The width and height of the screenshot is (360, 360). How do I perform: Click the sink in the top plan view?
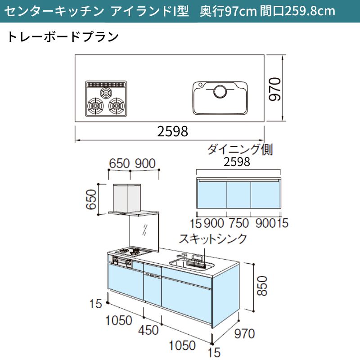(x=220, y=98)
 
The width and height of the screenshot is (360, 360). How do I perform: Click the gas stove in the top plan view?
(x=106, y=99)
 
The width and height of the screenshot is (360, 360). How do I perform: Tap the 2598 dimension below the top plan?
(x=173, y=131)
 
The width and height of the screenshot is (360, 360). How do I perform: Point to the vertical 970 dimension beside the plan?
(x=275, y=89)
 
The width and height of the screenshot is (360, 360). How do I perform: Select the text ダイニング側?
(x=240, y=149)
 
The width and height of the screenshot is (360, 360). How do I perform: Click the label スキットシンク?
(x=213, y=239)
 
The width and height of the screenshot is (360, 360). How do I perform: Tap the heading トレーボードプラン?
(x=63, y=37)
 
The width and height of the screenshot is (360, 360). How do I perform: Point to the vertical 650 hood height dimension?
(x=91, y=199)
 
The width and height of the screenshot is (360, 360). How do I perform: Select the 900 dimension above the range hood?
(x=145, y=163)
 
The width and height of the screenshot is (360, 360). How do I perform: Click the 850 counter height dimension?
(x=262, y=286)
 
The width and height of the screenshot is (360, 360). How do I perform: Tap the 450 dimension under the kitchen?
(x=148, y=330)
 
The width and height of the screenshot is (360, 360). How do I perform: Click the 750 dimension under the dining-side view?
(x=239, y=223)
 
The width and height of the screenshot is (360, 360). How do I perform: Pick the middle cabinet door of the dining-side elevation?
(x=239, y=195)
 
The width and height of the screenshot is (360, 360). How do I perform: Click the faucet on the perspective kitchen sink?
(x=182, y=257)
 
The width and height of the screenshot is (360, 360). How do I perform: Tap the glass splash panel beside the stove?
(x=144, y=232)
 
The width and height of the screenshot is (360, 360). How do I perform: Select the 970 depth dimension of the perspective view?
(x=244, y=333)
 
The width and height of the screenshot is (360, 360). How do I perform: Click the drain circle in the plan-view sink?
(x=220, y=91)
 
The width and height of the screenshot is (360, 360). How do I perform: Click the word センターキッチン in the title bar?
(x=54, y=11)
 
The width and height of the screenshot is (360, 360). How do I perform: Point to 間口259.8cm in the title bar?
(x=297, y=11)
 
